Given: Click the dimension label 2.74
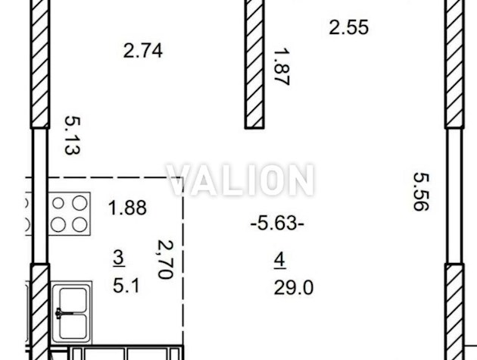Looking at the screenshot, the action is pyautogui.click(x=142, y=51).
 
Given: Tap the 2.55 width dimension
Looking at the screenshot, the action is pyautogui.click(x=348, y=27).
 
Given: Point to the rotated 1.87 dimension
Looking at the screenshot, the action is pyautogui.click(x=282, y=67).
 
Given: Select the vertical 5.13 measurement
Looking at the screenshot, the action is pyautogui.click(x=73, y=135).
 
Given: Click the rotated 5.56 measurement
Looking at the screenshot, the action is pyautogui.click(x=421, y=192).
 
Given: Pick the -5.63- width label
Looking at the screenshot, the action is pyautogui.click(x=277, y=224).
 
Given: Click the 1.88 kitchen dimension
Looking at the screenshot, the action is pyautogui.click(x=127, y=208).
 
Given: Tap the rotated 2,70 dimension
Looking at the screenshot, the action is pyautogui.click(x=166, y=259).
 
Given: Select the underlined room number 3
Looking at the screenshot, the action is pyautogui.click(x=119, y=258).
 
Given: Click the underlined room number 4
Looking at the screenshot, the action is pyautogui.click(x=279, y=260).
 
